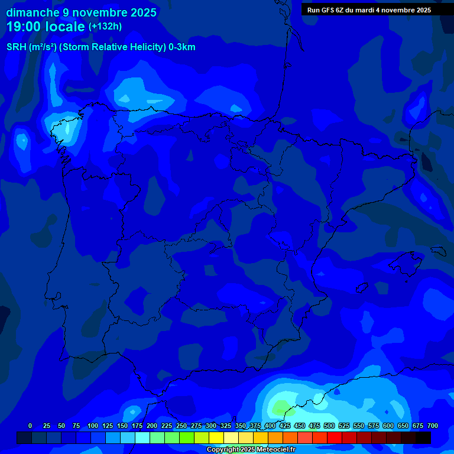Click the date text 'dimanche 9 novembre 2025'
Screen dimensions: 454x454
(82, 12)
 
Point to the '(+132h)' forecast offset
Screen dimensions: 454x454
(105, 27)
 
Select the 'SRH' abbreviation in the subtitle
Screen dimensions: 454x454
(16, 47)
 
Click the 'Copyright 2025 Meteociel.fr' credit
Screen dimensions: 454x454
(251, 450)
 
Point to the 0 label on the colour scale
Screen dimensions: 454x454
(30, 426)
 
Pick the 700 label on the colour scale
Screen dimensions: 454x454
(433, 426)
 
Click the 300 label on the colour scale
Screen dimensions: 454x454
(211, 426)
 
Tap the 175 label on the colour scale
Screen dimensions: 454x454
(137, 426)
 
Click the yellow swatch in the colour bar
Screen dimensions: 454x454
(216, 438)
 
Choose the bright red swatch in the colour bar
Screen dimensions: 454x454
(335, 438)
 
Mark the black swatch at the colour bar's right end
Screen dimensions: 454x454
(423, 438)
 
